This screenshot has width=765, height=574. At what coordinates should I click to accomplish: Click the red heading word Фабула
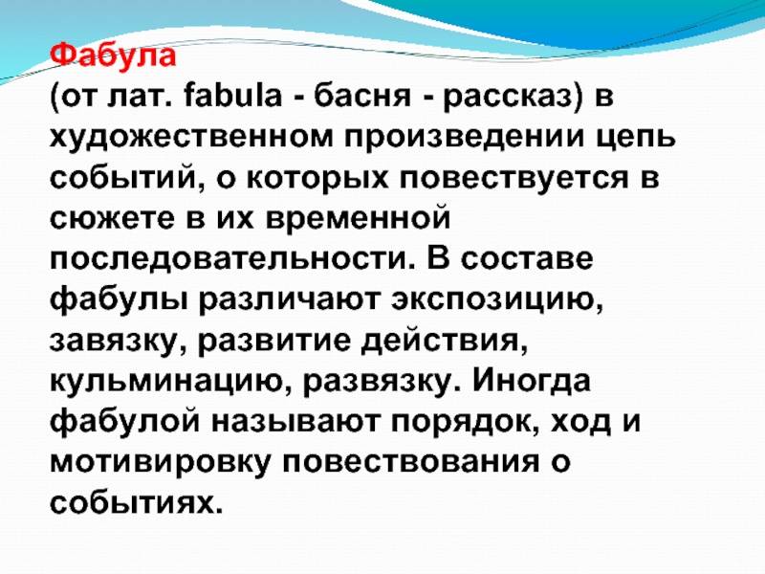113,55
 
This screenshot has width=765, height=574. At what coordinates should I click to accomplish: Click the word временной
358,218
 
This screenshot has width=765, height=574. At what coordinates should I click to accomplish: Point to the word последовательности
230,258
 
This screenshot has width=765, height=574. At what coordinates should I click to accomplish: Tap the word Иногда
532,381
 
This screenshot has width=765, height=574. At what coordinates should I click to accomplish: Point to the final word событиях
137,503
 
